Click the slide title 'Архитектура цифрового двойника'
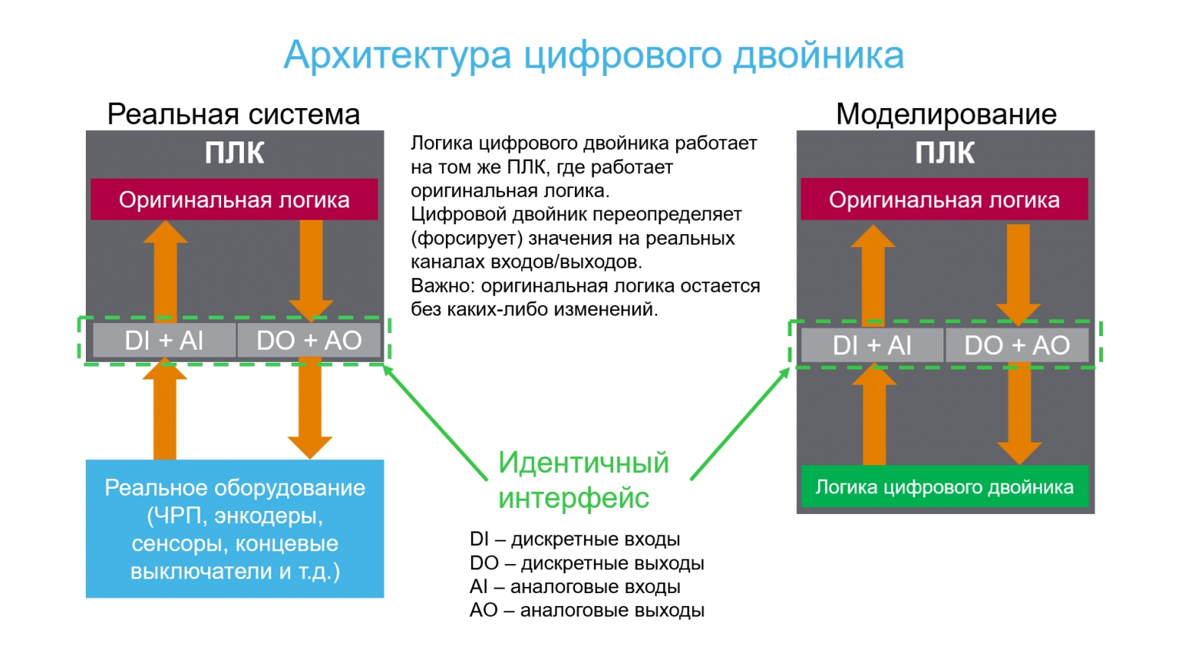[593, 55]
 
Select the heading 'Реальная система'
[233, 114]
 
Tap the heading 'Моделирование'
[946, 114]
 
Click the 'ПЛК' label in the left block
[235, 153]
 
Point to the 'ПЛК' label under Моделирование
[945, 153]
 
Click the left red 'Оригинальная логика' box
[235, 199]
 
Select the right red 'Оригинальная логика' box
[944, 199]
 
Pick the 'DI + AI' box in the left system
[165, 340]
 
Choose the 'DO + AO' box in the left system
[309, 340]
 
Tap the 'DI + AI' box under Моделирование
[872, 345]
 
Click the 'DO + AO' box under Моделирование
[1017, 345]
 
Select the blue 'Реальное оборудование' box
[235, 529]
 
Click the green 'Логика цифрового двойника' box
[945, 487]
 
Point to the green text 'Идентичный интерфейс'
[583, 480]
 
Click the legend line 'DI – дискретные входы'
[575, 539]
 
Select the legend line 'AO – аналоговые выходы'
[587, 610]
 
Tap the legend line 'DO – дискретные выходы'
[587, 563]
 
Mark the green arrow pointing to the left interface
[434, 422]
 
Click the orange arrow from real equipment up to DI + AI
[165, 409]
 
